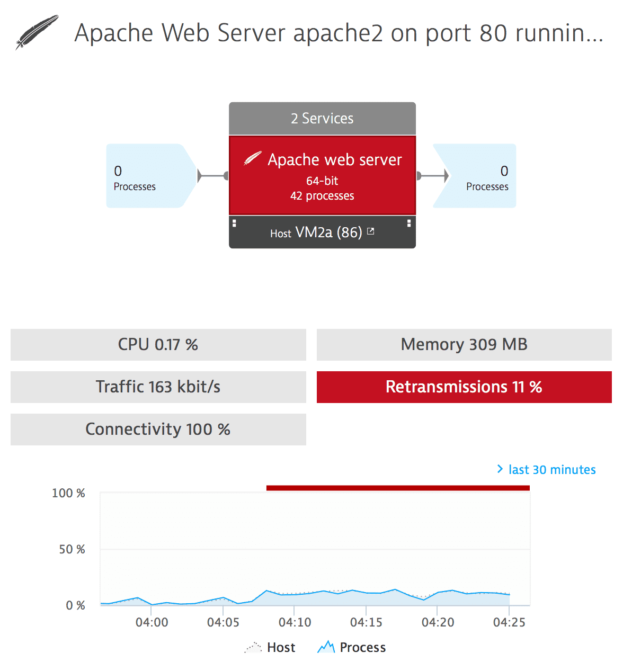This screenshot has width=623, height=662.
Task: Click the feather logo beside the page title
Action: coord(37,32)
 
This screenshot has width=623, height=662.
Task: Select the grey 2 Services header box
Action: coord(322,118)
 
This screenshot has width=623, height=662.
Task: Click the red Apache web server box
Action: coord(322,175)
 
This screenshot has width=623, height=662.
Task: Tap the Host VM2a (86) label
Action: coord(316,232)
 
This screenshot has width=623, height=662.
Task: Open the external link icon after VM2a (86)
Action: coord(370,231)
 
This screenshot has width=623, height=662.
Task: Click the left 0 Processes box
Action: coord(152,176)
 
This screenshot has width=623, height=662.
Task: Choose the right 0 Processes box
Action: coord(474,176)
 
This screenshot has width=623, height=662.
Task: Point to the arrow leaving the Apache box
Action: coord(433,175)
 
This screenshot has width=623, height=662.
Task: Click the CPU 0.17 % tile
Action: coord(158,345)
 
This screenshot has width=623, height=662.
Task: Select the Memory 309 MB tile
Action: coord(464,345)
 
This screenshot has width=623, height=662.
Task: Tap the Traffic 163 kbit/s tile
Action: coord(158,387)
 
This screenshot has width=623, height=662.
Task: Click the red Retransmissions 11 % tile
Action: coord(464,387)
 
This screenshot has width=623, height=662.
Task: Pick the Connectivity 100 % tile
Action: coord(158,430)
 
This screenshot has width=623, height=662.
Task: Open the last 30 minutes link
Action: coord(546,469)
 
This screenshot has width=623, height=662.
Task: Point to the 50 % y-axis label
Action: coord(72,549)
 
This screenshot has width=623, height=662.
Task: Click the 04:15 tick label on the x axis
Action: coord(366,622)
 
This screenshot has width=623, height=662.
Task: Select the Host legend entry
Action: coord(270,647)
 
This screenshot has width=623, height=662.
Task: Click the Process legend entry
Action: coord(352,647)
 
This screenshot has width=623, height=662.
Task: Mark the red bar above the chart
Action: coord(398,488)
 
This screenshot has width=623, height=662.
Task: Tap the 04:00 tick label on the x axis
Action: coord(152,622)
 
